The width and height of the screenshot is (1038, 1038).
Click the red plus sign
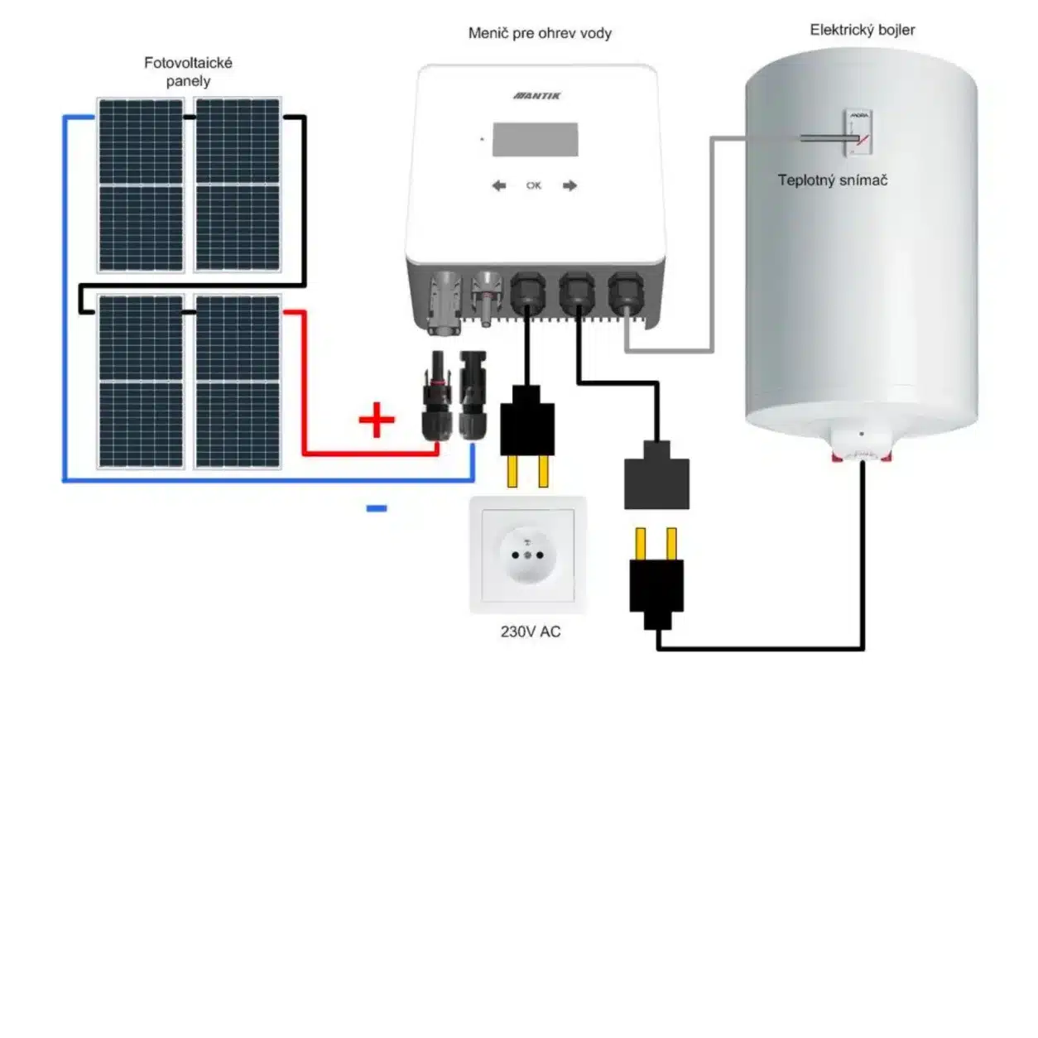click(x=377, y=420)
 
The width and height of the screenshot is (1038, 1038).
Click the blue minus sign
click(x=377, y=508)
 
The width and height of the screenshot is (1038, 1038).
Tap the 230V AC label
click(x=531, y=632)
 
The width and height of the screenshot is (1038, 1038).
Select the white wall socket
click(x=528, y=553)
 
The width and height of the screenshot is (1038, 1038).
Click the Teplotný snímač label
click(x=832, y=180)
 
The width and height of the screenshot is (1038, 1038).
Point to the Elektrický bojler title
click(x=863, y=30)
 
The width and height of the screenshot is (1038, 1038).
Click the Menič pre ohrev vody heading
click(x=540, y=33)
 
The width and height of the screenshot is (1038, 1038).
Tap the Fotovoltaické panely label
click(x=188, y=72)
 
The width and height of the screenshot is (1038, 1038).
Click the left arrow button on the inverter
click(x=499, y=185)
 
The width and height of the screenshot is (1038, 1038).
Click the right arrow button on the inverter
click(x=569, y=185)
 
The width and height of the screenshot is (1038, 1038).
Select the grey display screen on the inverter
click(x=535, y=139)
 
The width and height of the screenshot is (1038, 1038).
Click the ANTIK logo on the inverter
click(x=537, y=96)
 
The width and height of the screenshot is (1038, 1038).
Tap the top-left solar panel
click(x=141, y=185)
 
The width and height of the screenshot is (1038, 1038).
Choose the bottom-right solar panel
click(x=238, y=382)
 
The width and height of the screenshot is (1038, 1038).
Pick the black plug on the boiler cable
click(x=656, y=584)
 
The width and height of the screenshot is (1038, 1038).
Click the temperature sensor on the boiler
click(x=858, y=133)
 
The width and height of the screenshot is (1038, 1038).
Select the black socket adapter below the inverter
click(x=656, y=477)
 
